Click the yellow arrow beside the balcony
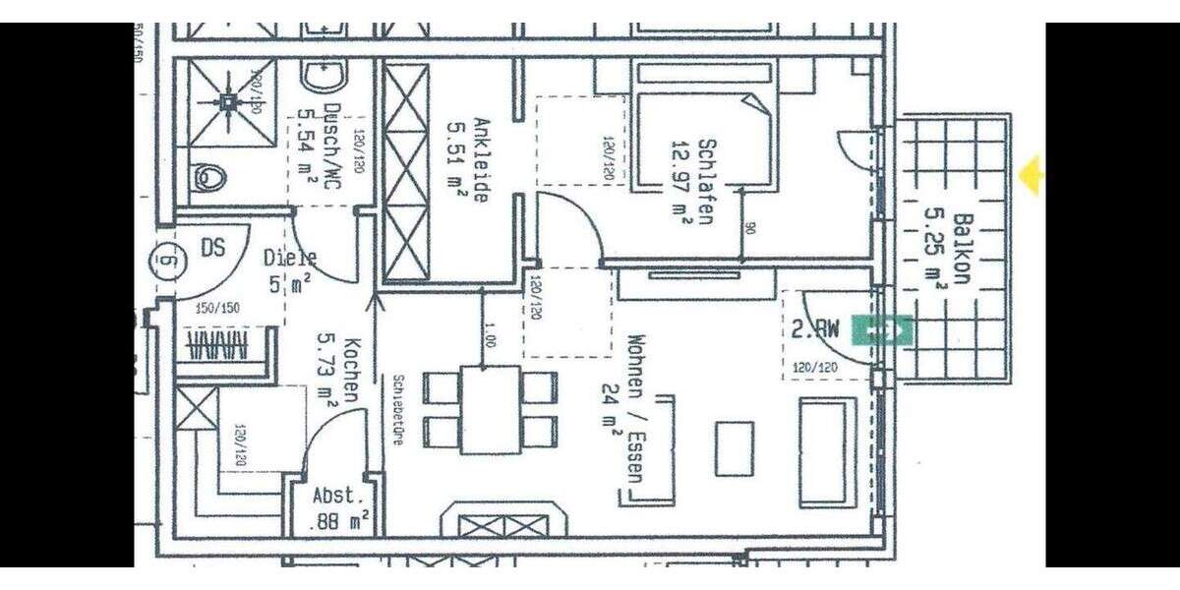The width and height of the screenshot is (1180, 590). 1032,176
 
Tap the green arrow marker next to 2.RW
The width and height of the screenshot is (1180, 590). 882,330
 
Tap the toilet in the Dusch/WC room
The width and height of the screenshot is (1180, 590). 209,177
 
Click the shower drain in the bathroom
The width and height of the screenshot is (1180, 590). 228,100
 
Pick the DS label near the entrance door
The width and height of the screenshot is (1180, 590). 212,249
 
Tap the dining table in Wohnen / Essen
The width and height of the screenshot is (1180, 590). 491,409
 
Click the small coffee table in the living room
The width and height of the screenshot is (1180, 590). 734,448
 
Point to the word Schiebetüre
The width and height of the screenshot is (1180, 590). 397,410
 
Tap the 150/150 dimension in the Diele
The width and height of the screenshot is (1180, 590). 218,308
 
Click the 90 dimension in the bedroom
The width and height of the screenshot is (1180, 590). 749,228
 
